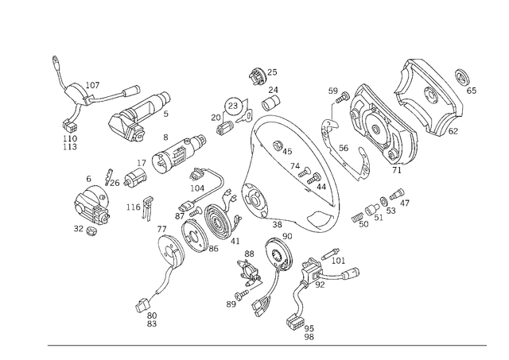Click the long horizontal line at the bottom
[266, 343]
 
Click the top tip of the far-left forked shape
[54, 58]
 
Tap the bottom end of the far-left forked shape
[69, 147]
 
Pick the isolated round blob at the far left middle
[91, 211]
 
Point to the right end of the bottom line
[488, 343]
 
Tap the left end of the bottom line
[45, 343]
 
